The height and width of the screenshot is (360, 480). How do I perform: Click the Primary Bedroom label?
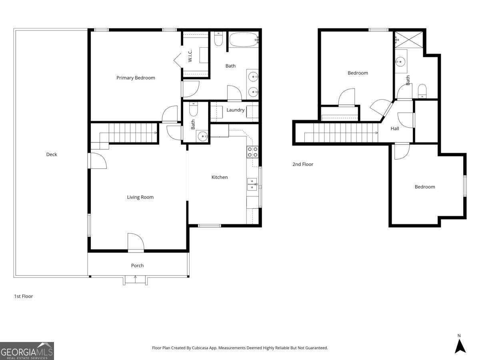(x=136, y=78)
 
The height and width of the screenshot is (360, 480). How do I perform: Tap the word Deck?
(x=52, y=154)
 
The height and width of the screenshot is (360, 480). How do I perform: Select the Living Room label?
(x=140, y=197)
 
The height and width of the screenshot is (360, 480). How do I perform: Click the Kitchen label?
(x=220, y=177)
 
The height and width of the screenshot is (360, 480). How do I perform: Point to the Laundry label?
(x=235, y=110)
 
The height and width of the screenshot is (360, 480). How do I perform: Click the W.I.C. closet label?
(x=190, y=56)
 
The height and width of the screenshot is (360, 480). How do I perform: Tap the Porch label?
(x=137, y=266)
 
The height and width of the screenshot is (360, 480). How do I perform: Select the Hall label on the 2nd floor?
(x=395, y=128)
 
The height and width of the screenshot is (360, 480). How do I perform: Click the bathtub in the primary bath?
(x=243, y=39)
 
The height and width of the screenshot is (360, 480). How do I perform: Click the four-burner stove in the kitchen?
(x=252, y=152)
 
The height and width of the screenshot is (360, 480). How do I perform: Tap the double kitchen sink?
(x=252, y=184)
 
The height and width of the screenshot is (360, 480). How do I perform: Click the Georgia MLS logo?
(x=27, y=351)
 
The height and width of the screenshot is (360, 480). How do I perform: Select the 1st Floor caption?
(x=24, y=296)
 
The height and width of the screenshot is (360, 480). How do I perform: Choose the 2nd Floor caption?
(x=303, y=164)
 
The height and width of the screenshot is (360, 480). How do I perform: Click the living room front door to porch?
(x=136, y=243)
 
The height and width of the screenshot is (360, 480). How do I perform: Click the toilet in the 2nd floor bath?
(x=422, y=91)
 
